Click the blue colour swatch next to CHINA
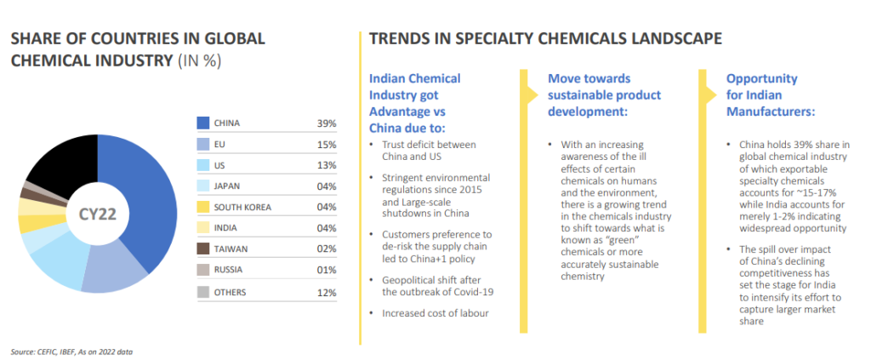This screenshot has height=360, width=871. pyautogui.click(x=203, y=123)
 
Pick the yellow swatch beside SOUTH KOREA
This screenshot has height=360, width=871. pyautogui.click(x=203, y=207)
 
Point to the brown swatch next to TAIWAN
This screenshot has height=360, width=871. pyautogui.click(x=203, y=249)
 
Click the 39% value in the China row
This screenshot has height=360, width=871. pyautogui.click(x=327, y=123)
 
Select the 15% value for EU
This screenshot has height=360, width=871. pyautogui.click(x=327, y=145)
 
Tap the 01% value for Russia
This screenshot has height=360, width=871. pyautogui.click(x=327, y=271)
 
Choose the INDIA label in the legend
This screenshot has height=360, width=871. pyautogui.click(x=225, y=229)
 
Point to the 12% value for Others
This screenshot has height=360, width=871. pyautogui.click(x=327, y=292)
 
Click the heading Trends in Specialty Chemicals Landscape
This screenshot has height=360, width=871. pyautogui.click(x=545, y=38)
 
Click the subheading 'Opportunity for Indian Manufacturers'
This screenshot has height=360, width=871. pyautogui.click(x=769, y=94)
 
